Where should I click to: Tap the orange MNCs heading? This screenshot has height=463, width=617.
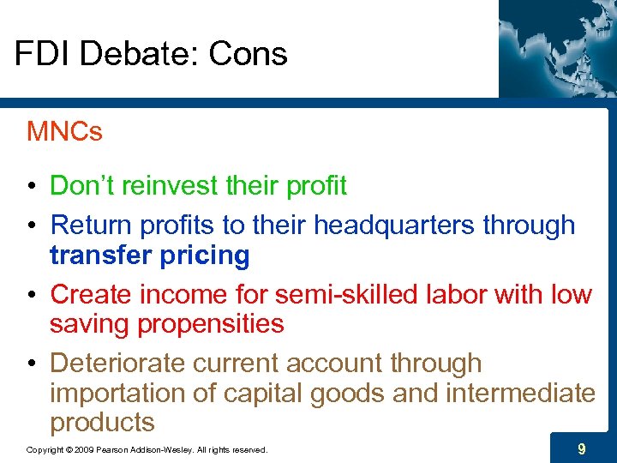coord(64,132)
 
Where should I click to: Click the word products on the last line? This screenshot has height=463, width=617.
coord(102,423)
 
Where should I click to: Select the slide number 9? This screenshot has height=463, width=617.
coord(582,448)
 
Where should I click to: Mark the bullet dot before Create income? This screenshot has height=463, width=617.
coord(32,295)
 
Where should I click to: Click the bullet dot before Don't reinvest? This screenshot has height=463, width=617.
coord(32,186)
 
